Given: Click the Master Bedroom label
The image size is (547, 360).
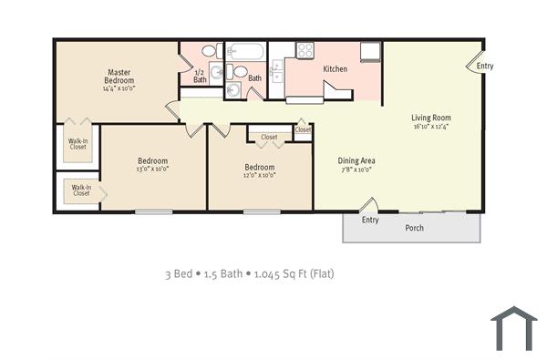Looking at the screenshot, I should click(119, 77).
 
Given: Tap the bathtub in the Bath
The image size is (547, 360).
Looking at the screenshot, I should click(244, 51).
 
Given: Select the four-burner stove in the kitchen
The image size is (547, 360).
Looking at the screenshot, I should click(304, 51).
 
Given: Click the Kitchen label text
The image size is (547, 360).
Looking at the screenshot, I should click(335, 68).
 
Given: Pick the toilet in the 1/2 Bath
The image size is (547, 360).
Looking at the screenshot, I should click(209, 51).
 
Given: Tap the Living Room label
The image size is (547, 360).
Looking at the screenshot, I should click(431, 118).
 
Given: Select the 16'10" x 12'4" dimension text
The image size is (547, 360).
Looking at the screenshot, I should click(431, 127).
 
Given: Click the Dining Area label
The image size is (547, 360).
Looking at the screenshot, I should click(357, 160).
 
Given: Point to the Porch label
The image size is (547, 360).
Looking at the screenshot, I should click(414, 228).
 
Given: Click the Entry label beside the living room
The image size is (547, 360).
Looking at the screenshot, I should click(485, 66).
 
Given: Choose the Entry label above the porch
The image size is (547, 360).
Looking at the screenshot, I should click(370, 220).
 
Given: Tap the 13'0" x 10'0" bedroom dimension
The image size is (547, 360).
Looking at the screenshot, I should click(153, 169).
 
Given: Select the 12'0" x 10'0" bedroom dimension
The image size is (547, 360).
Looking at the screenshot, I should click(260, 176).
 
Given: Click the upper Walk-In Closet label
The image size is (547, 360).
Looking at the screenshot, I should click(77, 144).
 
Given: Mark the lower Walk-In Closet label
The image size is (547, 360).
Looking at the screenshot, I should click(81, 190).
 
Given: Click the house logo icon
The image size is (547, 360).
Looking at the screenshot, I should click(514, 328).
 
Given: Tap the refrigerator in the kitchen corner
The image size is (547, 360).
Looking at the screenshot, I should click(370, 51).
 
